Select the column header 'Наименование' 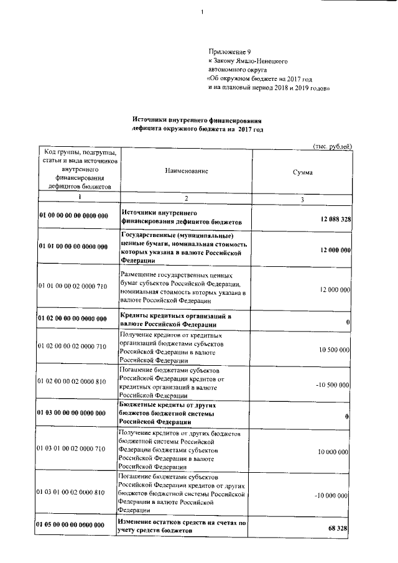(187, 170)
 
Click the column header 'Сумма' (303, 172)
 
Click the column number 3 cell (302, 199)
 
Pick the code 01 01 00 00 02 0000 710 (72, 286)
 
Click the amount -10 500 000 (333, 385)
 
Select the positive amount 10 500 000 (333, 350)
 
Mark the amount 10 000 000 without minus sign (333, 452)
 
